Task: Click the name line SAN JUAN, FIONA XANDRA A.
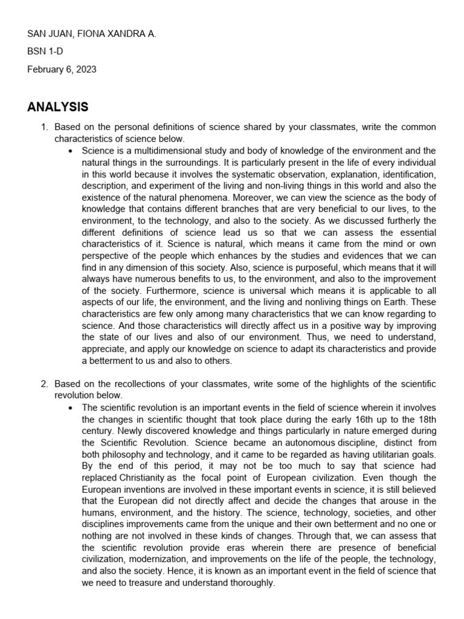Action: click(x=92, y=34)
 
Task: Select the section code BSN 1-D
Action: click(x=45, y=52)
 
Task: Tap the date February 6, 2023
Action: click(x=62, y=70)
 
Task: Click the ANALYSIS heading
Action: click(x=58, y=107)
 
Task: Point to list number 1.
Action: click(x=43, y=128)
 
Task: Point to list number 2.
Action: click(x=43, y=384)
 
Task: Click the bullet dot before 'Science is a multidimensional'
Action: click(x=72, y=151)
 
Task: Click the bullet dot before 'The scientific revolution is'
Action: click(x=72, y=407)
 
